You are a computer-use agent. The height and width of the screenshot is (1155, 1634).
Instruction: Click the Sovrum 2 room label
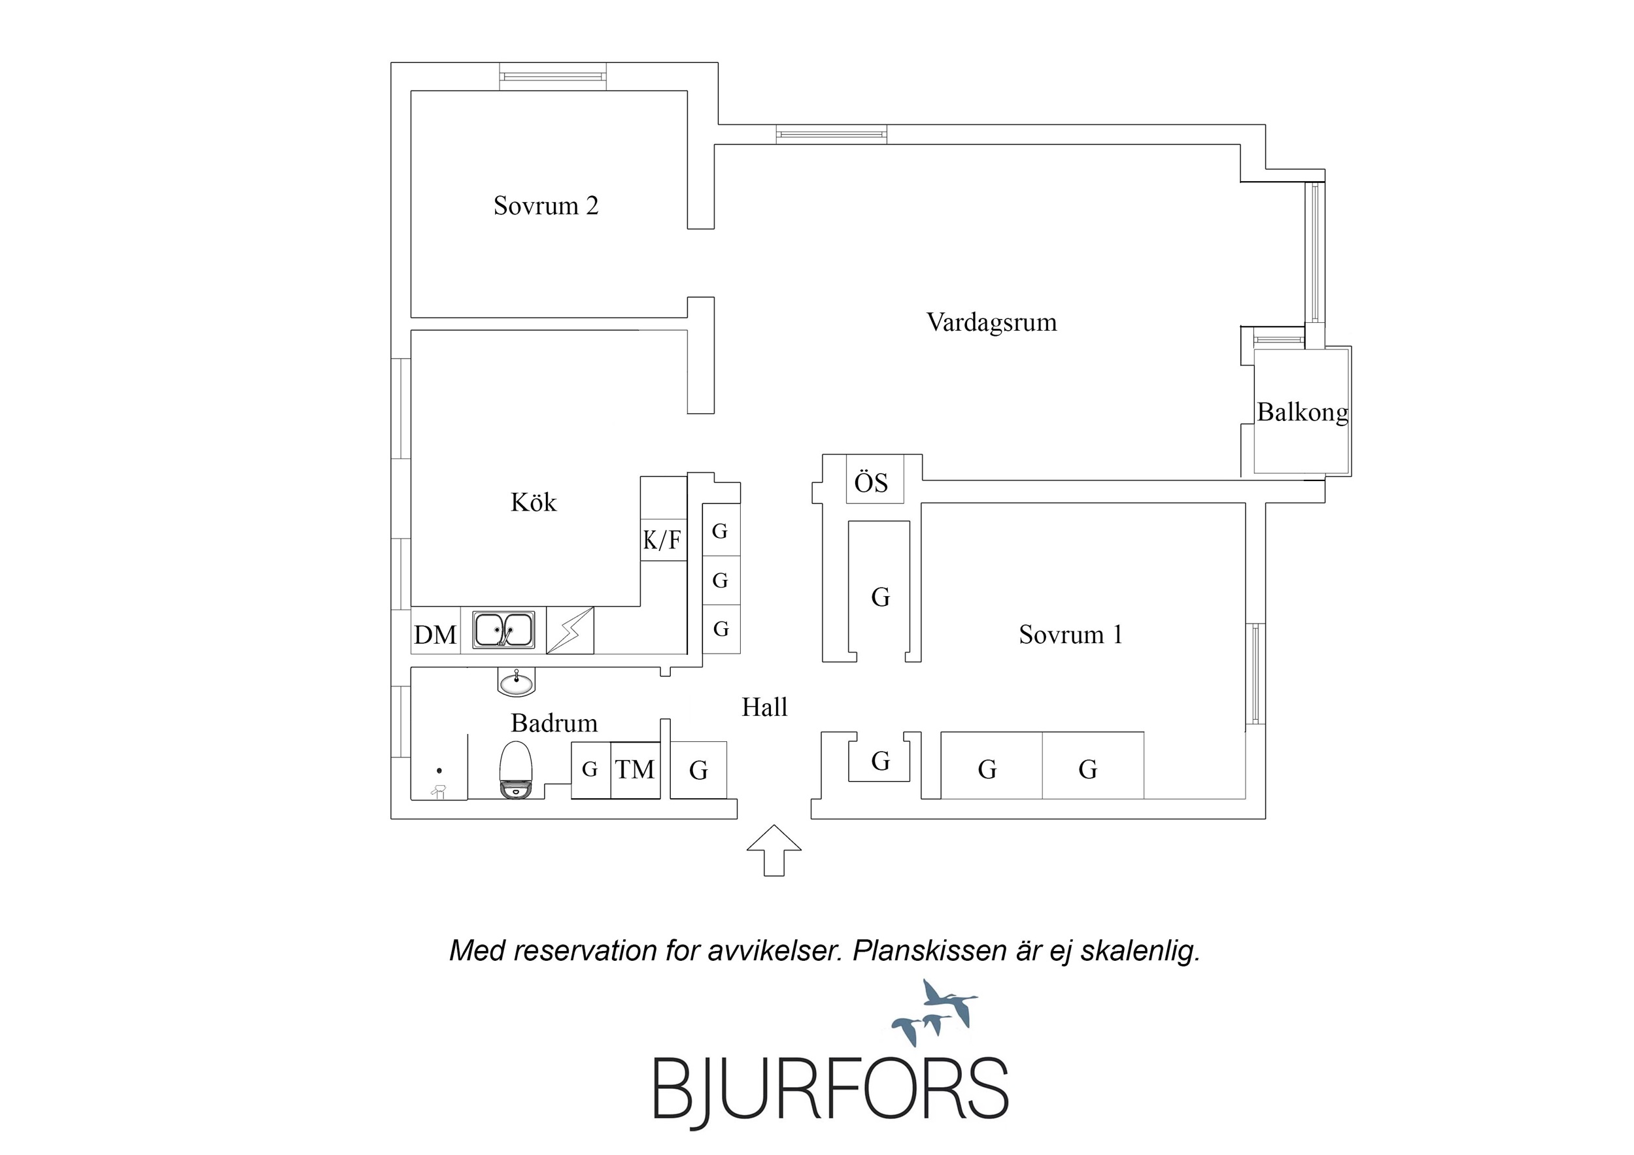point(546,206)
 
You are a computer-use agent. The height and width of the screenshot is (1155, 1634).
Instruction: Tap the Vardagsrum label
point(991,322)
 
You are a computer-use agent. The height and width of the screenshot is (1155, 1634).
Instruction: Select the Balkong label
point(1302,412)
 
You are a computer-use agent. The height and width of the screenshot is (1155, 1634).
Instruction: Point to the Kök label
point(533,503)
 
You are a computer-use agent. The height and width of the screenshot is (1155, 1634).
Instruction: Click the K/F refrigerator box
point(662,540)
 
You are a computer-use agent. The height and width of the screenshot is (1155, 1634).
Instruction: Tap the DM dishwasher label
point(435,634)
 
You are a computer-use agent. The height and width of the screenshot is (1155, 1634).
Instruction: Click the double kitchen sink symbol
point(504,630)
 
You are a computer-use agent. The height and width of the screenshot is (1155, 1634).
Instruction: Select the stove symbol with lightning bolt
point(570,630)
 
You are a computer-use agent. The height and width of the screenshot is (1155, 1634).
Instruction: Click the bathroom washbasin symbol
point(516,683)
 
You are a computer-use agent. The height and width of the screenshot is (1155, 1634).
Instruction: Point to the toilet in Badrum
point(516,770)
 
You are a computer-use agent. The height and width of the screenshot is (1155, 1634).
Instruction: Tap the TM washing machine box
point(635,769)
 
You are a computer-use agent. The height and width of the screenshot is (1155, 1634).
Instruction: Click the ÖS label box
point(872,482)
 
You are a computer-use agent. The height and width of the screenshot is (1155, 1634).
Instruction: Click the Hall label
point(764,707)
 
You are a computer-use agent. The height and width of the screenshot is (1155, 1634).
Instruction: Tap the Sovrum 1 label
point(1070,634)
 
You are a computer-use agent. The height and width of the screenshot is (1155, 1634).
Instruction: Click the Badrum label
point(554,724)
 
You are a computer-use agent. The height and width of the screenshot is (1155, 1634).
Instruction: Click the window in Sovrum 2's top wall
point(553,76)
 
